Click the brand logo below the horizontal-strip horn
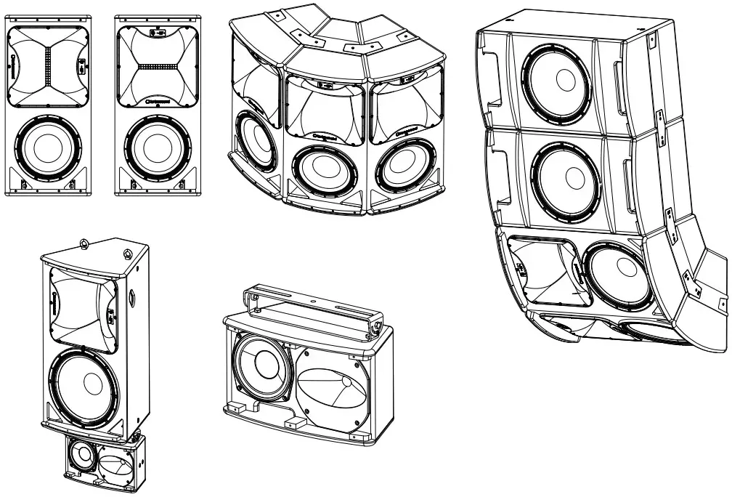click(154, 102)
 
